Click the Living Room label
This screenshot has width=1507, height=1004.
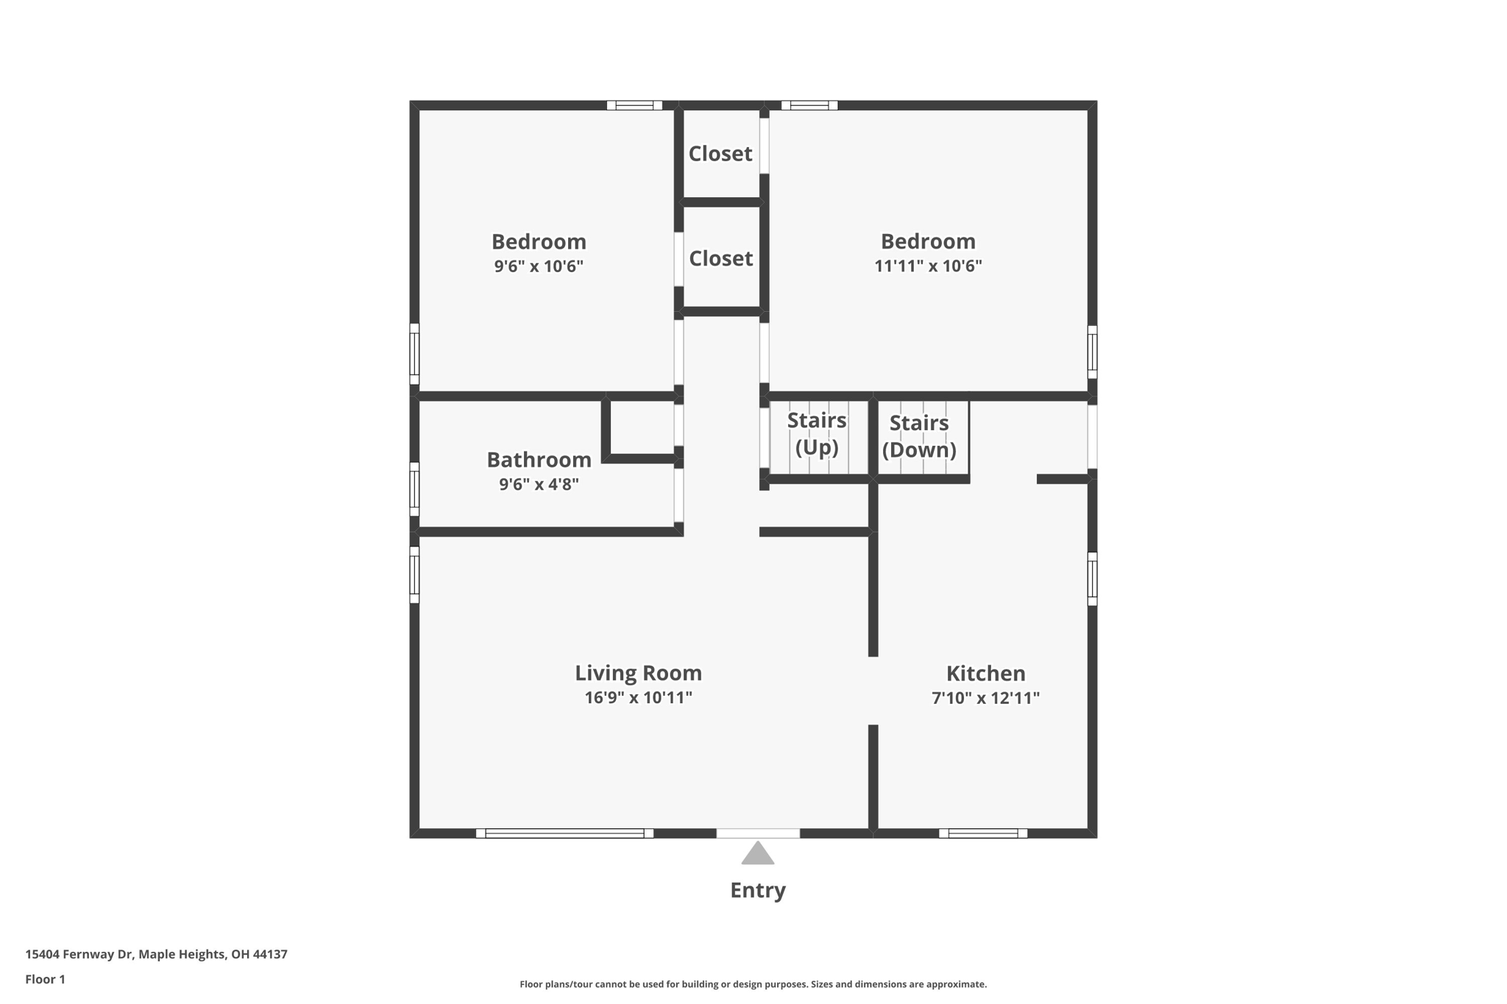tap(638, 673)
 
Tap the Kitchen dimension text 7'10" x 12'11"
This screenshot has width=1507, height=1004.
tap(985, 698)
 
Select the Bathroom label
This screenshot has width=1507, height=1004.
tap(539, 460)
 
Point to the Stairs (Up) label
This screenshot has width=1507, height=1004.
tap(817, 434)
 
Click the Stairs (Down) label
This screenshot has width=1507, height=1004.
tap(919, 436)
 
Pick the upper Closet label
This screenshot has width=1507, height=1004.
tap(720, 154)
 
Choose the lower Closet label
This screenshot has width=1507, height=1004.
tap(721, 259)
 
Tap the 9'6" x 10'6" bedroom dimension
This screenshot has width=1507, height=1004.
tap(539, 266)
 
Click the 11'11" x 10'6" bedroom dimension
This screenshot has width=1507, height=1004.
tap(928, 266)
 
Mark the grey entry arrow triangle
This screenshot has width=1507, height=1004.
tap(758, 854)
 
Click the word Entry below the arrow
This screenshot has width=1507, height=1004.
tap(758, 891)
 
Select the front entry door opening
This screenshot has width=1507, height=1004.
tap(758, 833)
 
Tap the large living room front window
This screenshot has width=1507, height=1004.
tap(564, 833)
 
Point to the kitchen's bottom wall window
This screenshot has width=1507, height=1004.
tap(983, 833)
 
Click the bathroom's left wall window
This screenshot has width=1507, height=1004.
tap(414, 489)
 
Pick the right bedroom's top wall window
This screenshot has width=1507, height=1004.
tap(809, 105)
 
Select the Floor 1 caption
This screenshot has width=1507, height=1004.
tap(45, 980)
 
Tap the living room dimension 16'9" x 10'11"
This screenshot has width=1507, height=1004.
tap(638, 698)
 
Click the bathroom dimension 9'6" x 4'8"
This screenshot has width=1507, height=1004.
tap(539, 485)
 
